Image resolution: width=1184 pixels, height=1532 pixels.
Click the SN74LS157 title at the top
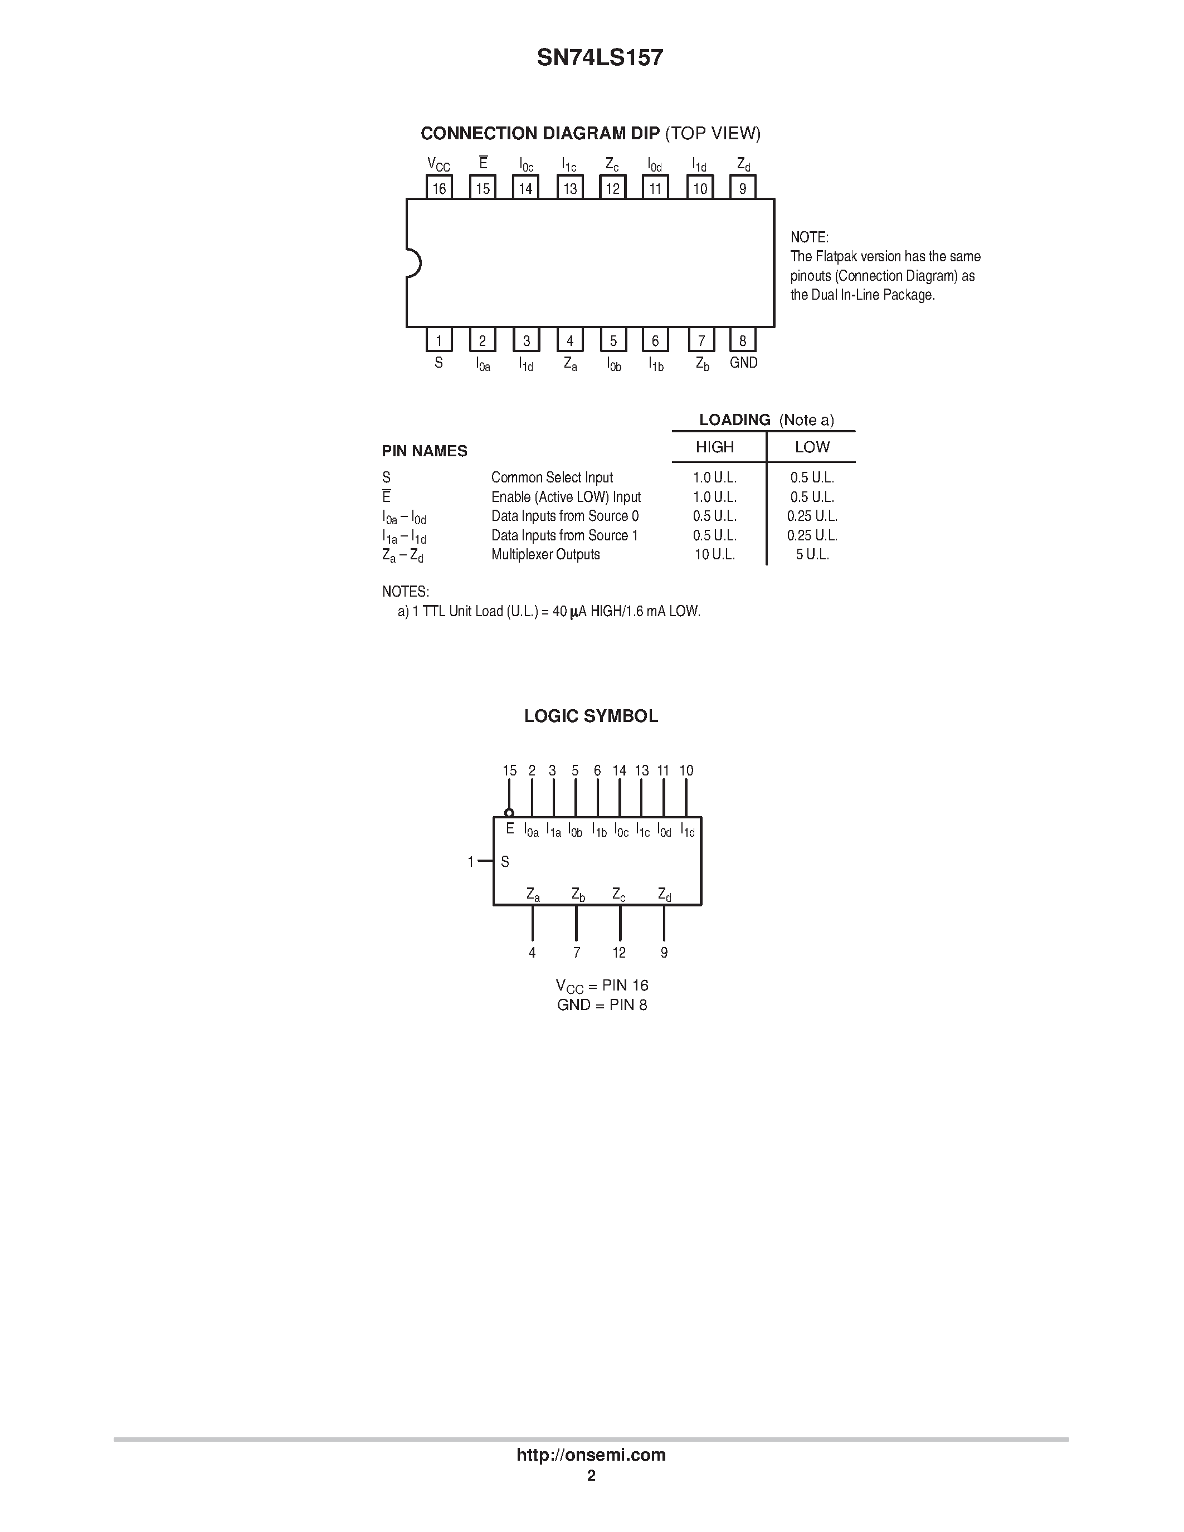pyautogui.click(x=600, y=57)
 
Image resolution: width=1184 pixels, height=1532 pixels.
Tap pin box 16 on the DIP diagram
pyautogui.click(x=439, y=188)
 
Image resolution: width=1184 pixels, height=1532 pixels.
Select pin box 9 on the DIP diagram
pyautogui.click(x=743, y=188)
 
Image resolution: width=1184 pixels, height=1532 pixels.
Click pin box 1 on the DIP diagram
pyautogui.click(x=439, y=340)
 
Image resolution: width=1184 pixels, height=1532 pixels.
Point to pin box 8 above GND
pyautogui.click(x=743, y=340)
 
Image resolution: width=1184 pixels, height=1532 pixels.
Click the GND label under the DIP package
pyautogui.click(x=743, y=363)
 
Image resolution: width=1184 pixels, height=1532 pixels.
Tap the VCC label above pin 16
pyautogui.click(x=438, y=165)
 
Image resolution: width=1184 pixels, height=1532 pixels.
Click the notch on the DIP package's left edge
pyautogui.click(x=413, y=264)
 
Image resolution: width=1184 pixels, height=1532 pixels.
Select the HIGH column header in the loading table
pyautogui.click(x=715, y=447)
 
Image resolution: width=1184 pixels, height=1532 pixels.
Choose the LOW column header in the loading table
pyautogui.click(x=812, y=447)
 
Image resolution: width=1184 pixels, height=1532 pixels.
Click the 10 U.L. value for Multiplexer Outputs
pyautogui.click(x=715, y=554)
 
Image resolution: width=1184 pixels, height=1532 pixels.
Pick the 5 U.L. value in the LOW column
pyautogui.click(x=812, y=554)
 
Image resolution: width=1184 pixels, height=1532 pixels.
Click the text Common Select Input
pyautogui.click(x=552, y=477)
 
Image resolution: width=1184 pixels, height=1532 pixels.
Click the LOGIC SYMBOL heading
pyautogui.click(x=591, y=716)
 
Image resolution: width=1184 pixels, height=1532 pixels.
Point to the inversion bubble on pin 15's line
pyautogui.click(x=509, y=813)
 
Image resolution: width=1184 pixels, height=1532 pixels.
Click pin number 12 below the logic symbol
pyautogui.click(x=620, y=953)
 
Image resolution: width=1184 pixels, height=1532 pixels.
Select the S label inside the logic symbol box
pyautogui.click(x=505, y=861)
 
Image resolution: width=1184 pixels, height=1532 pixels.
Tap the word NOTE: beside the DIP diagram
pyautogui.click(x=810, y=237)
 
